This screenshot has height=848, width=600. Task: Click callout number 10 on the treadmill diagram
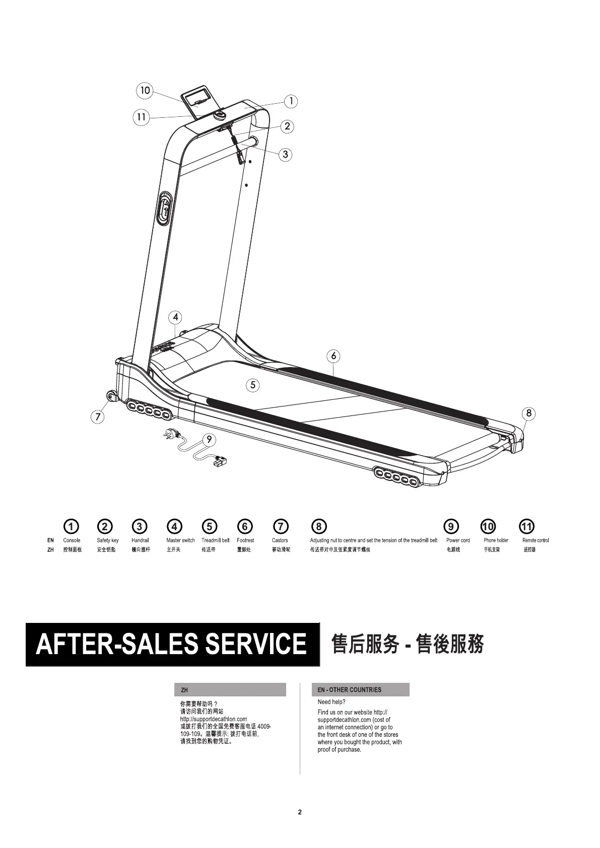[145, 91]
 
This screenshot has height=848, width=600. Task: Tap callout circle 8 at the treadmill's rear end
[528, 413]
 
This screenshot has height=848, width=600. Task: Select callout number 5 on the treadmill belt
[253, 385]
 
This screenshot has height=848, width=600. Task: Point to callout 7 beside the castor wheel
[98, 417]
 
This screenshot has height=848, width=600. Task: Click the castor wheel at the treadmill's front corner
[110, 397]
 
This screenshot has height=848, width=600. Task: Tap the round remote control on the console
[220, 115]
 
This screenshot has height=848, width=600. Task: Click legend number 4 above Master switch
[174, 527]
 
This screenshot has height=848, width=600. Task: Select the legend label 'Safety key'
[108, 540]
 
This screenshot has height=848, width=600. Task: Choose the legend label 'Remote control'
[535, 540]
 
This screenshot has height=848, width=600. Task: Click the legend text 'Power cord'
[457, 540]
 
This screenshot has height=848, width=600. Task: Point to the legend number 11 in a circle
[526, 527]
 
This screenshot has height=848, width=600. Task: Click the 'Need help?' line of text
[331, 702]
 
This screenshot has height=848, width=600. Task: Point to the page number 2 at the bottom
[300, 812]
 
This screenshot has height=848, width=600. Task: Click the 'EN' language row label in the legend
[50, 540]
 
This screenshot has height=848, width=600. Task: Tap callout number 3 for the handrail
[286, 154]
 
